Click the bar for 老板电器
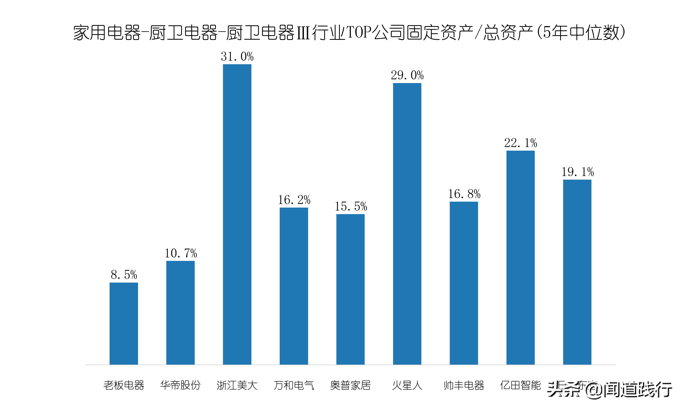124,324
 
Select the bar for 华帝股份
180,313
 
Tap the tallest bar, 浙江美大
237,214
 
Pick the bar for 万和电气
294,286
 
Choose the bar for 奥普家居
350,289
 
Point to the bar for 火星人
407,224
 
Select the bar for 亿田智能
520,258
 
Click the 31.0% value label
237,57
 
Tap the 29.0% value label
407,75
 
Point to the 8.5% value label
124,275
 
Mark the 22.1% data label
520,143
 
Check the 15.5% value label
351,206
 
